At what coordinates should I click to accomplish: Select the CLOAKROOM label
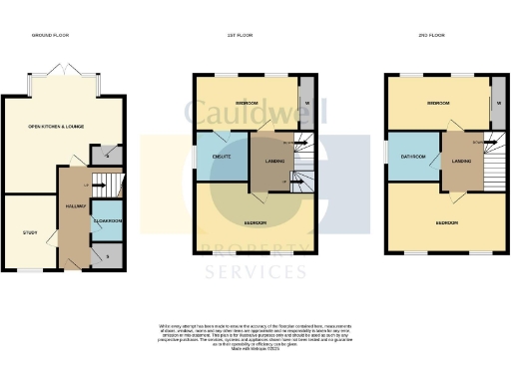[x=107, y=220]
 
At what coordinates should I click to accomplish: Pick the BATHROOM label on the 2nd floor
[x=413, y=157]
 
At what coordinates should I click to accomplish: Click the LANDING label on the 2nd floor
[x=460, y=161]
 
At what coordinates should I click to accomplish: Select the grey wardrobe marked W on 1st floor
[x=305, y=103]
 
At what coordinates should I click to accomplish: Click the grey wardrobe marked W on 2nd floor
[x=496, y=103]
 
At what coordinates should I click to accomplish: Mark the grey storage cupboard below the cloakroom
[x=107, y=255]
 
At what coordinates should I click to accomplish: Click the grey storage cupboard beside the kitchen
[x=107, y=155]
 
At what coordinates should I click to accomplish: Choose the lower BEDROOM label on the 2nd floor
[x=446, y=222]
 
